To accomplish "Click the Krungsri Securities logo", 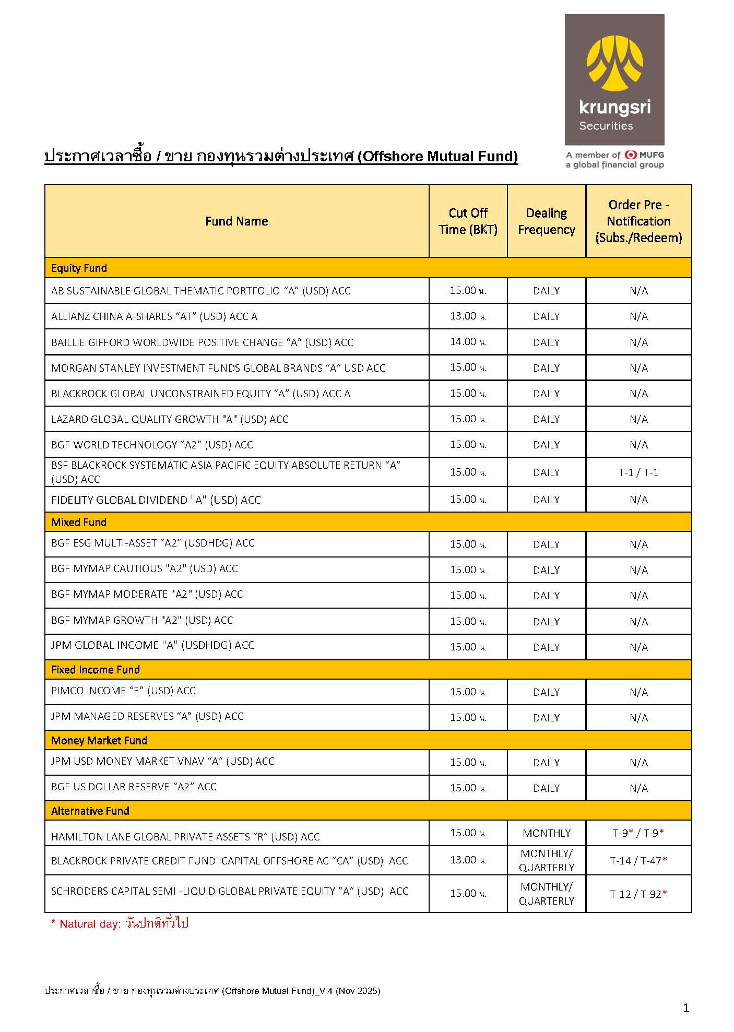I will pos(614,79).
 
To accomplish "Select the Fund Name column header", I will pos(236,221).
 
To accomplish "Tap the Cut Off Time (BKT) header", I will pos(468,221).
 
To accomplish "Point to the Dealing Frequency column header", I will pos(546,221).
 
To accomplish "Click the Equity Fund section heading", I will pos(79,268).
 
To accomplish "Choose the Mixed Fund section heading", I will pos(79,522).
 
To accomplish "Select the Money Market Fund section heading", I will pos(99,740).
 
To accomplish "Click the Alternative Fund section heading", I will pos(90,811).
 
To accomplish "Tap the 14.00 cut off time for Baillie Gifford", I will pos(468,342).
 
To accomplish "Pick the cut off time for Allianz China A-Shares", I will pos(468,316).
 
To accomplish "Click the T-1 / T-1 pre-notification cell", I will pos(638,472).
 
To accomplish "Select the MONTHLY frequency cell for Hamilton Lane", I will pos(546,833).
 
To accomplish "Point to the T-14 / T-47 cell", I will pos(638,861).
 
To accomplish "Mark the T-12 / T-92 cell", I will pos(638,894).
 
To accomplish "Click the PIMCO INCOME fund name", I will pos(123,691).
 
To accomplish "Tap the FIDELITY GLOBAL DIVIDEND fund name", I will pos(156,500).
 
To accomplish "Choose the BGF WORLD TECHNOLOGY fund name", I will pos(152,445).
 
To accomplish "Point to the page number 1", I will pos(686,1008).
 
